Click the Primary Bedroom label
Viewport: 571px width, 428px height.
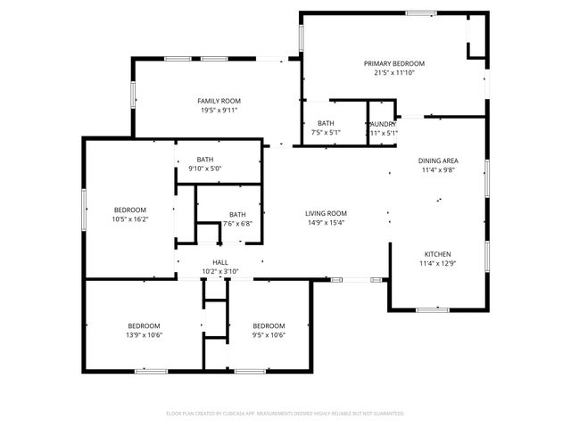(393, 63)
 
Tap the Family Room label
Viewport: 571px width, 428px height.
(219, 101)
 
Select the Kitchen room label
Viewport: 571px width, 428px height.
(437, 253)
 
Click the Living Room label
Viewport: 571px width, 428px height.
(326, 213)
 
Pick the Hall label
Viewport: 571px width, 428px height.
(219, 262)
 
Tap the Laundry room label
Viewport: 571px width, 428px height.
(382, 124)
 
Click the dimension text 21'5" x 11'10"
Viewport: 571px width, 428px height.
(393, 72)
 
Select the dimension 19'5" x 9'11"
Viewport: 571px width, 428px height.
(219, 111)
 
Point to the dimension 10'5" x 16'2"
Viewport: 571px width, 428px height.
(129, 218)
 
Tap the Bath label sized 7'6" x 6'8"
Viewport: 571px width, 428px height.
(237, 214)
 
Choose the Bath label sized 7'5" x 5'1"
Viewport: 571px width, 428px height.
(326, 124)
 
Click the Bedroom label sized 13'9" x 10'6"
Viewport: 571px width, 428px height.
(145, 325)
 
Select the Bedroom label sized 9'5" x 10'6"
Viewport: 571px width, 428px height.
(269, 325)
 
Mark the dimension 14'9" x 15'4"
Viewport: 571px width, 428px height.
(326, 223)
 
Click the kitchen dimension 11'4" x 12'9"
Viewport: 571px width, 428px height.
(437, 263)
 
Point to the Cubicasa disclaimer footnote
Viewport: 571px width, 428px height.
(285, 414)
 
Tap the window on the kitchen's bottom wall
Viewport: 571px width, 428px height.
(433, 309)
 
